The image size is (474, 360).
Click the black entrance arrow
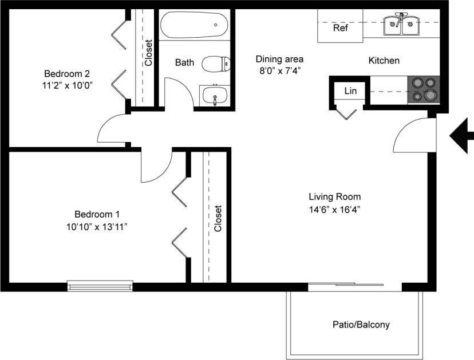coord(461,135)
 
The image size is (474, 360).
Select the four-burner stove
coord(424,90)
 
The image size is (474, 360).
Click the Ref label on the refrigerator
coord(340,28)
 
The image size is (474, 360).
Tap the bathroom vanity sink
coord(215,96)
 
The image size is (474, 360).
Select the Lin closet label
coord(350,90)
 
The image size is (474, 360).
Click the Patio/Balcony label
coord(361,325)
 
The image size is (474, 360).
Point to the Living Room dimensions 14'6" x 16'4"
coord(335,209)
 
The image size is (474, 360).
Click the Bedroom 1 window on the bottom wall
coord(100,284)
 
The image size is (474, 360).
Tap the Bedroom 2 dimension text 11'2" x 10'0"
coord(67,85)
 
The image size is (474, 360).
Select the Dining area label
coord(279,59)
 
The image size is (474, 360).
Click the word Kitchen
coord(384,60)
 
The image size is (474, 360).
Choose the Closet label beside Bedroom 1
coord(218,218)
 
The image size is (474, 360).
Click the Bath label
coord(184,62)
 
